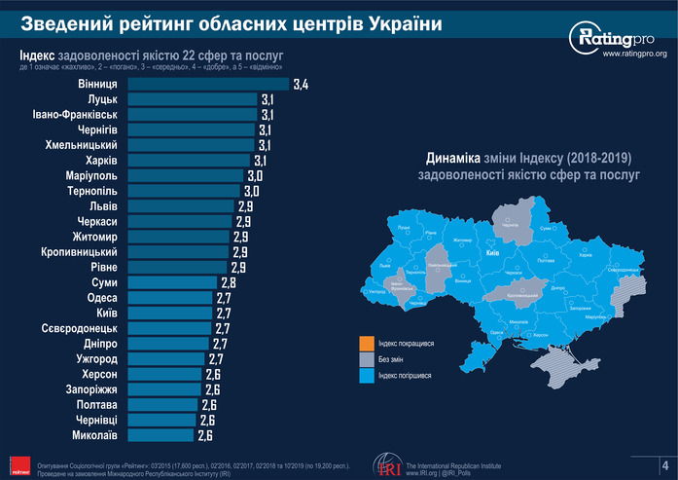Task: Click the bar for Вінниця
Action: tap(208, 85)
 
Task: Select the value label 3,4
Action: tap(300, 86)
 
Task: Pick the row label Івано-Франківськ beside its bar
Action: tap(76, 115)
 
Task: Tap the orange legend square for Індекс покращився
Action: tap(366, 344)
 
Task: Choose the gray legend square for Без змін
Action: tap(366, 359)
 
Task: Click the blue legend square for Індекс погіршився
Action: tap(366, 375)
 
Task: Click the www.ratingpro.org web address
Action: tap(634, 55)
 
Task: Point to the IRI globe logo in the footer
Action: tap(388, 465)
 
